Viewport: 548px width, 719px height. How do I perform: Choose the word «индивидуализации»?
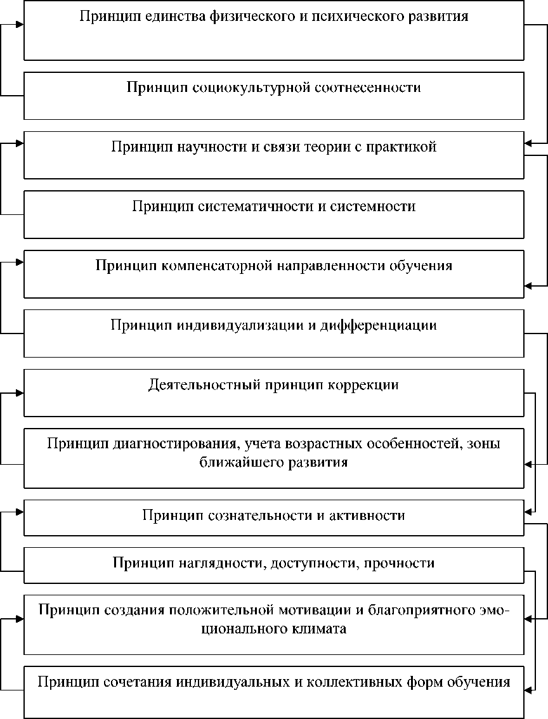[x=236, y=326]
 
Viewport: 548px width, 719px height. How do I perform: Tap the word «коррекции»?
[x=363, y=385]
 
